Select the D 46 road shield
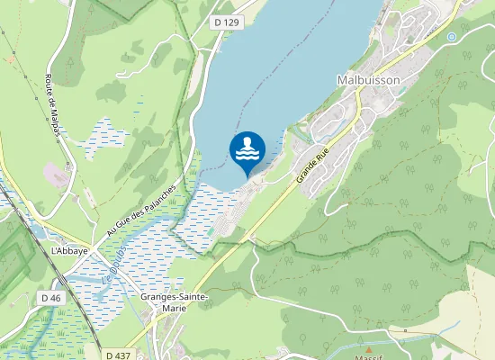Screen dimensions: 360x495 tap(51, 297)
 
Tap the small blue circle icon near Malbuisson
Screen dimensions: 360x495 tap(451, 36)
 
